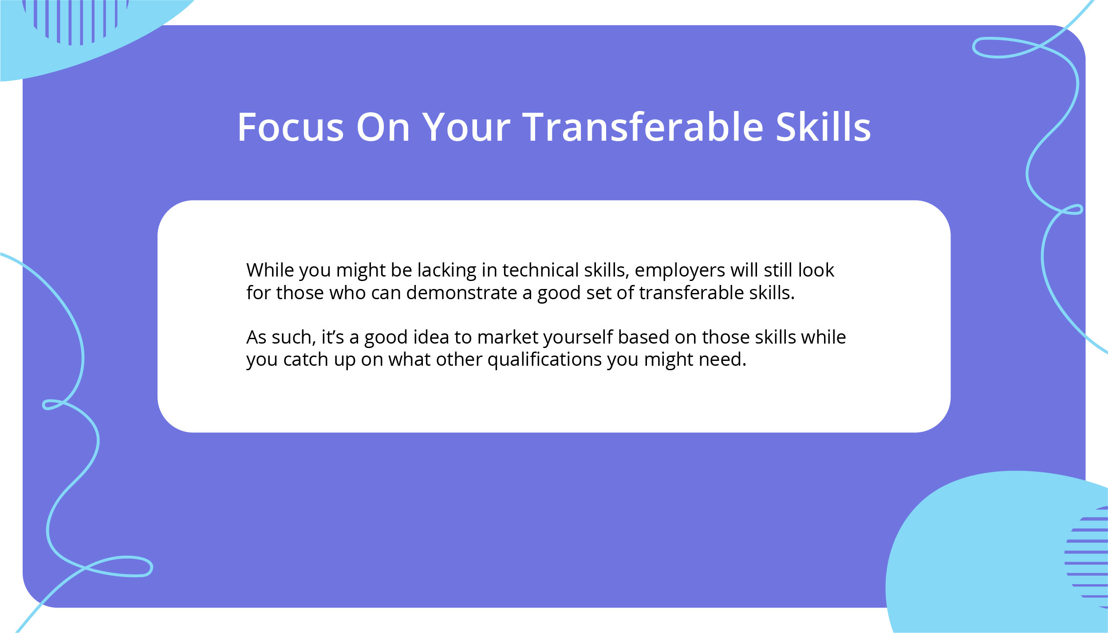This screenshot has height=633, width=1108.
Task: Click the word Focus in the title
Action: [x=291, y=127]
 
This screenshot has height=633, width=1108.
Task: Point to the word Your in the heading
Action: [x=466, y=127]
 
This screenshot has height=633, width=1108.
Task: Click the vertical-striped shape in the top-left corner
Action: [x=75, y=20]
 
